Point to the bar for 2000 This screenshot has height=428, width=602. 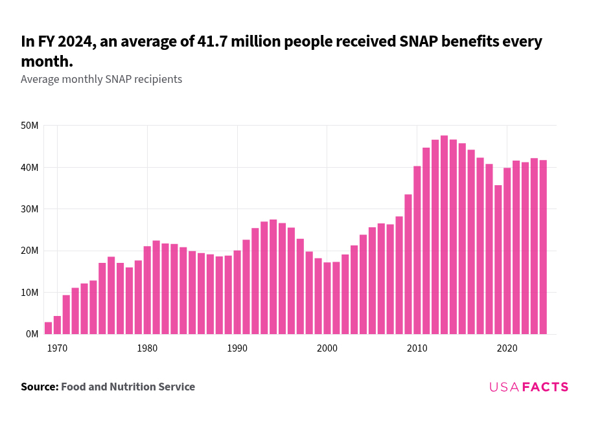[327, 298]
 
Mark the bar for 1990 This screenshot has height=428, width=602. [237, 292]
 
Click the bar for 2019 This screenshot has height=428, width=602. [498, 260]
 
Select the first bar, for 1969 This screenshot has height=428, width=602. [48, 328]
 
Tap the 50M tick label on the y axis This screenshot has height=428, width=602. [30, 126]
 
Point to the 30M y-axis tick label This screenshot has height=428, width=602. [30, 209]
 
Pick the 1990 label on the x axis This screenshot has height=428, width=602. [237, 348]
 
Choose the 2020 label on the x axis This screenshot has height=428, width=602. [507, 348]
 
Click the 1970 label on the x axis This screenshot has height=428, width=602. [57, 348]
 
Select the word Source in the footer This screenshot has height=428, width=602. [39, 387]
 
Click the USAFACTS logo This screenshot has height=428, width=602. [529, 387]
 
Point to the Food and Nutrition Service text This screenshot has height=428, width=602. [128, 387]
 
